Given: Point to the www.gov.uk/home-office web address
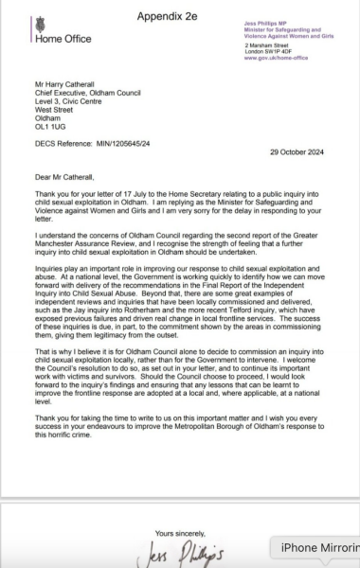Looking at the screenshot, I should click(x=271, y=58).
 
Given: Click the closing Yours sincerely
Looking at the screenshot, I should click(x=178, y=534).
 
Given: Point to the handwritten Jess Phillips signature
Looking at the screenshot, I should click(x=184, y=553).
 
